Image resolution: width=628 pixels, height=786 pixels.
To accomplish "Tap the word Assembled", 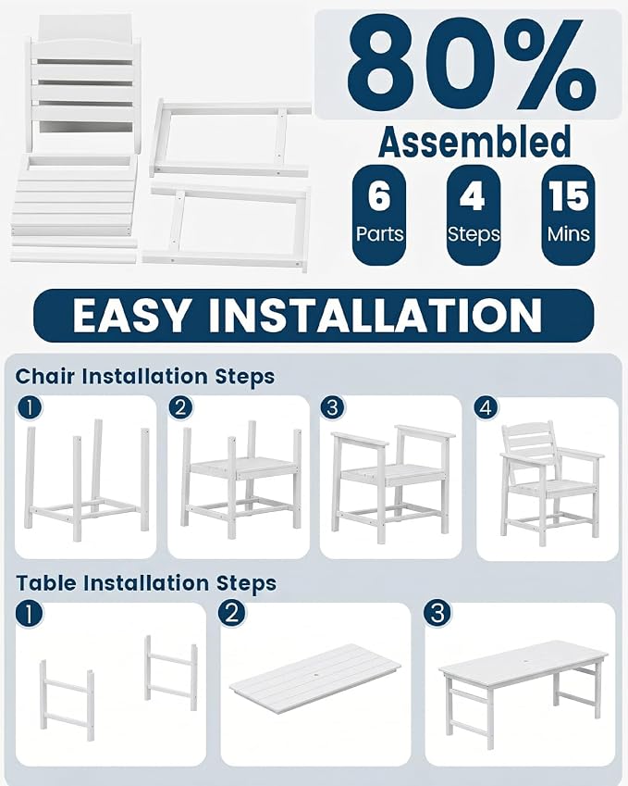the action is click(474, 142).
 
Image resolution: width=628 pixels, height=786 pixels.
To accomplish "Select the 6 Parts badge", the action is click(379, 215).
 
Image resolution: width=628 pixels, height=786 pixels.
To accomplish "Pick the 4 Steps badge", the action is click(474, 215).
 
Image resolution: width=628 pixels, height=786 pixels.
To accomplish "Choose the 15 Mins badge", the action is click(569, 215).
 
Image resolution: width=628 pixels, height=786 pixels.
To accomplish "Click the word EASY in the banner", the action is click(131, 316).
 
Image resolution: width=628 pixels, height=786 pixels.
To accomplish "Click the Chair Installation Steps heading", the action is click(144, 377).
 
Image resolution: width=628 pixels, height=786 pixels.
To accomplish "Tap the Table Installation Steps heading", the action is click(146, 583).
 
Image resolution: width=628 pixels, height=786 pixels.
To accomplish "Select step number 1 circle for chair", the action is click(29, 408).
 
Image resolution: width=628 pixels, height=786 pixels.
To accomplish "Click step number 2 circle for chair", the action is click(180, 408).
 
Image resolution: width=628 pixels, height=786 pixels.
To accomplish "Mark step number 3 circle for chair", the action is click(333, 408).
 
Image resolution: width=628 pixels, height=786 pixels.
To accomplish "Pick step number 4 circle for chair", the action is click(486, 408).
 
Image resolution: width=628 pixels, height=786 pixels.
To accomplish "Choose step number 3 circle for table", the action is click(437, 614).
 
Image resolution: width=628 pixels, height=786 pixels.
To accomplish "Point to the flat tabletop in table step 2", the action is click(315, 676).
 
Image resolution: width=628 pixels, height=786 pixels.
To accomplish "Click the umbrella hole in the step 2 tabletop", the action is click(315, 678).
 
